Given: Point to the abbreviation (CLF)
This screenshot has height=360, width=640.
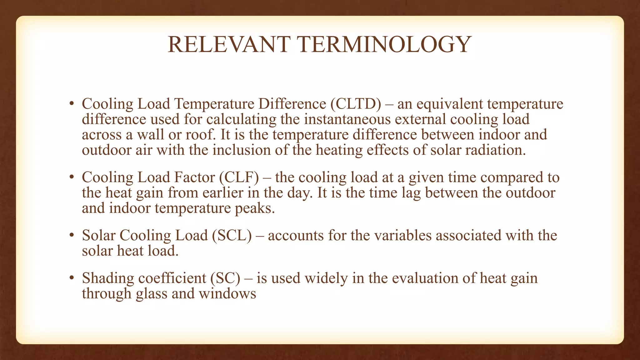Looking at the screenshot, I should pos(239,177).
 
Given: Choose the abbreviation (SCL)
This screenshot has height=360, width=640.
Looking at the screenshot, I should pos(232,235).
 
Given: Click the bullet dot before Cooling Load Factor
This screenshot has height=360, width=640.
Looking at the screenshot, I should pos(72,177).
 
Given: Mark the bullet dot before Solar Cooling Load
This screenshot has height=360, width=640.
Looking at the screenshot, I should pos(72,235).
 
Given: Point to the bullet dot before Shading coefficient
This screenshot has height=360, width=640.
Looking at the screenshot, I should pos(72,278).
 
